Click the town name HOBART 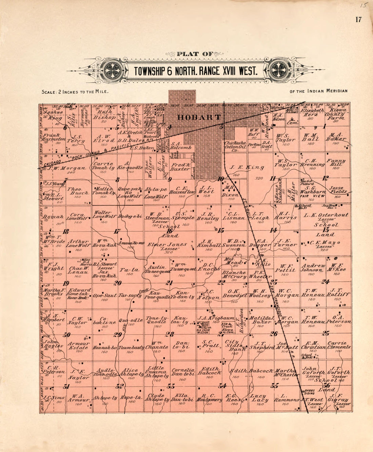coord(199,117)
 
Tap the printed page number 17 coord(358,19)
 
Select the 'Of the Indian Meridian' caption coord(318,91)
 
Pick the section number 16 coord(169,231)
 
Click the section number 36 coord(327,385)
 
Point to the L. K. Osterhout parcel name coord(326,215)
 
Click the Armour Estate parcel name coord(79,345)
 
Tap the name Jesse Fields coord(338,190)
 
